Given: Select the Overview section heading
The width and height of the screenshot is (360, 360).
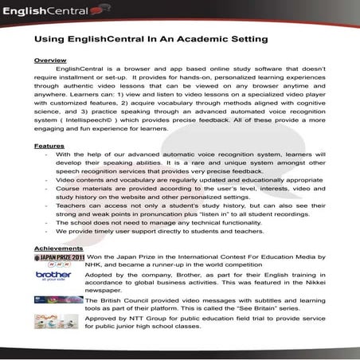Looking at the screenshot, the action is tap(50, 61).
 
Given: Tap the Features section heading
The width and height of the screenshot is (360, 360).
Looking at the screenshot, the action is tap(49, 147).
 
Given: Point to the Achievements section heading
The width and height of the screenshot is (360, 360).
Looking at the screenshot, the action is tap(59, 248).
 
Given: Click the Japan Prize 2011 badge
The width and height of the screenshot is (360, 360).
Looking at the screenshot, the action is tap(58, 259).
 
